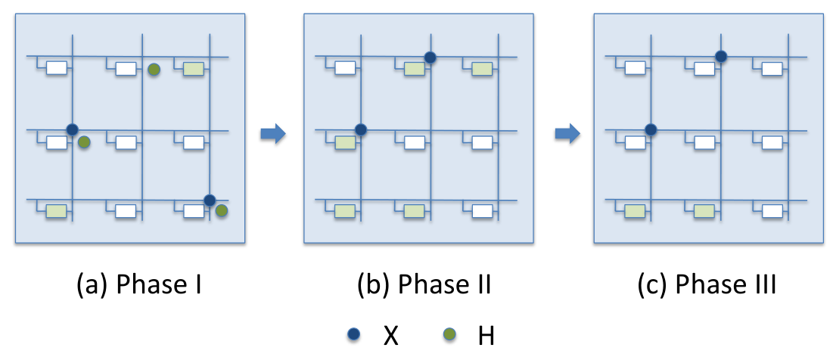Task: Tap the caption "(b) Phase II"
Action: coord(424,286)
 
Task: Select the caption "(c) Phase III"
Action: coord(707,286)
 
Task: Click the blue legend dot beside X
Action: coord(353,334)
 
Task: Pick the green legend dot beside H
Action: coord(449,334)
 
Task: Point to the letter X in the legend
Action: coord(390,336)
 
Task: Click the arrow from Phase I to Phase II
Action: coord(273,135)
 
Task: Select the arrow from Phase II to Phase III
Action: coord(567,135)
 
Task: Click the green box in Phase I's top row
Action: coord(194,69)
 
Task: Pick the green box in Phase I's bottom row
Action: coord(56,211)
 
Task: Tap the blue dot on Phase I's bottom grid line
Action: coord(210,200)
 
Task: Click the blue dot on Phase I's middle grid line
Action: coord(72,129)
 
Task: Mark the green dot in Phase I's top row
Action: coord(154,69)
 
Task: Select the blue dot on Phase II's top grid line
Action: coord(430,57)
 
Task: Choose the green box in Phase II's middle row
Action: coord(345,142)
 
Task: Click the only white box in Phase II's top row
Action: coord(345,69)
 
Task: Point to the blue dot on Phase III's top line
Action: coord(720,56)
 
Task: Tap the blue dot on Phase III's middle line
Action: coord(651,129)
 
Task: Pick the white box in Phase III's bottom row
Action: coord(772,211)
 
